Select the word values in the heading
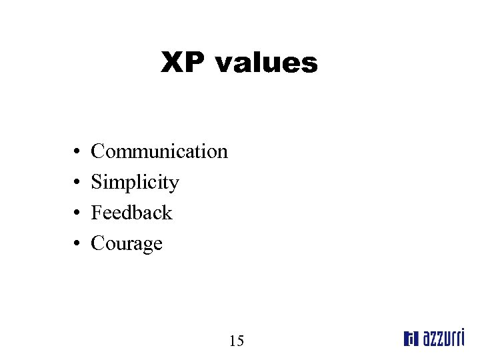[x=266, y=63]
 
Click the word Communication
[x=159, y=151]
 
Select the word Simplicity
[x=135, y=182]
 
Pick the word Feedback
[x=131, y=213]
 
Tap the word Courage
[x=127, y=244]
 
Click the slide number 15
[x=237, y=341]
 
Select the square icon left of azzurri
[x=410, y=339]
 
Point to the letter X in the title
[x=173, y=63]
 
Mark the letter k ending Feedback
[x=167, y=213]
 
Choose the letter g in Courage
[x=147, y=246]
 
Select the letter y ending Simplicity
[x=175, y=185]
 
